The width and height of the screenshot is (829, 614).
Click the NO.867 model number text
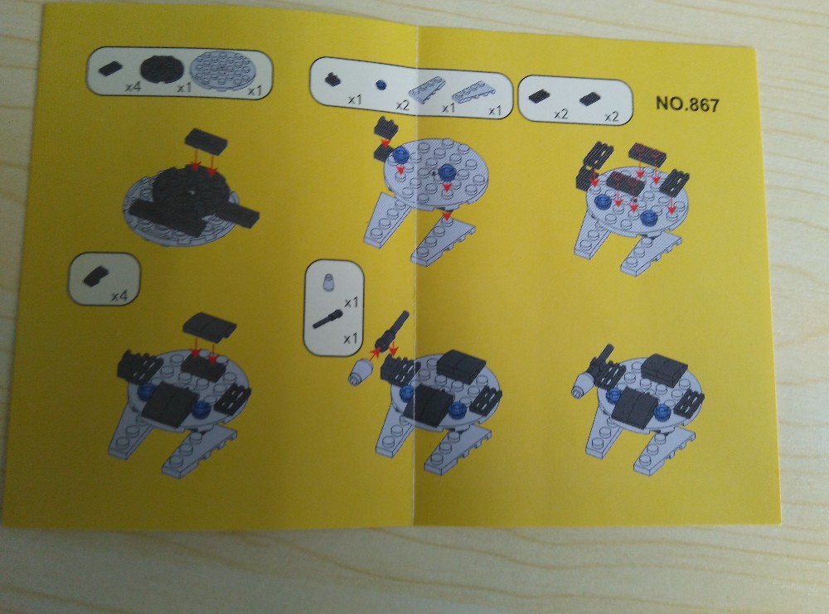click(x=687, y=104)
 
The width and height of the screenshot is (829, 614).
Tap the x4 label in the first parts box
click(x=133, y=86)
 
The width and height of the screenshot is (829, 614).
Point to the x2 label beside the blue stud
click(x=403, y=105)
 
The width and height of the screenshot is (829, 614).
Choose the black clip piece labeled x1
click(x=332, y=79)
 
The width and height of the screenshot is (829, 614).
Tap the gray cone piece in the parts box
click(x=327, y=283)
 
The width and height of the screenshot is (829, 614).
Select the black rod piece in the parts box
click(x=327, y=319)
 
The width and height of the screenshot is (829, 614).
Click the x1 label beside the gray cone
click(x=351, y=302)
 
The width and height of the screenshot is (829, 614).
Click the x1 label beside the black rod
click(x=351, y=338)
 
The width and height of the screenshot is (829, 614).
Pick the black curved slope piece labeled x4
click(x=95, y=277)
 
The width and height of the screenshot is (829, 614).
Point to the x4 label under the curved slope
click(x=119, y=296)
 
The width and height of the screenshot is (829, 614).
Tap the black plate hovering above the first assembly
click(x=206, y=138)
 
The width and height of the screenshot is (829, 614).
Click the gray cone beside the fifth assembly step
click(x=358, y=371)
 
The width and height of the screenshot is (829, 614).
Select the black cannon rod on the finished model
click(x=603, y=355)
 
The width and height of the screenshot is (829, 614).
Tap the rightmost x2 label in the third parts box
click(x=611, y=116)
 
